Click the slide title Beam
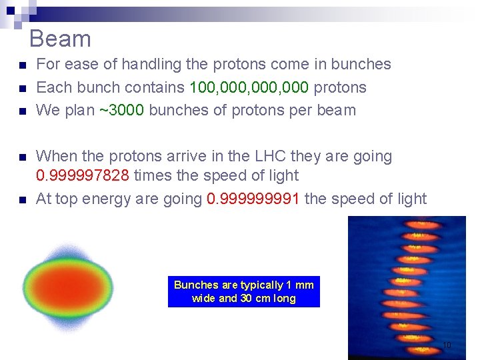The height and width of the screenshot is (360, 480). click(x=60, y=39)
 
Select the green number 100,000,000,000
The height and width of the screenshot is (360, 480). click(x=249, y=87)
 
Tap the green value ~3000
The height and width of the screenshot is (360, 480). click(x=121, y=110)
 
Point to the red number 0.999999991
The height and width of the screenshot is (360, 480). click(x=253, y=199)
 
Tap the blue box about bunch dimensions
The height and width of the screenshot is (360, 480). click(x=243, y=291)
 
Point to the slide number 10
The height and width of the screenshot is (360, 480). click(x=447, y=345)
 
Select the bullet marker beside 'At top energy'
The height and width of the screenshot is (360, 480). click(x=22, y=200)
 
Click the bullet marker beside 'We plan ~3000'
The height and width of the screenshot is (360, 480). click(x=22, y=111)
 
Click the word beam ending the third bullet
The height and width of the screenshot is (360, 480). click(x=337, y=110)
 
